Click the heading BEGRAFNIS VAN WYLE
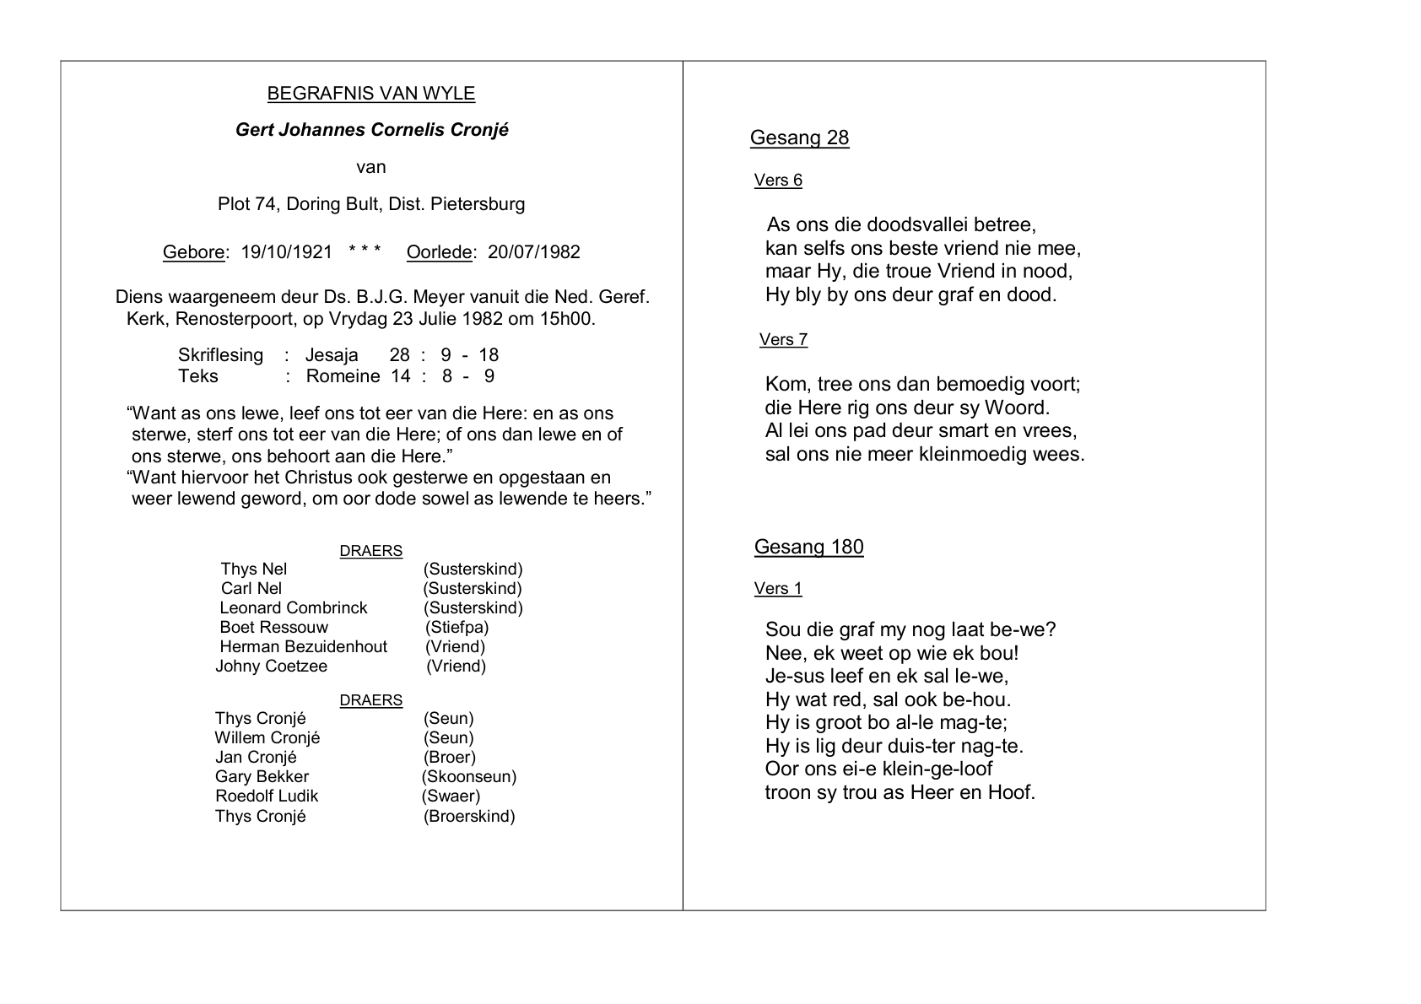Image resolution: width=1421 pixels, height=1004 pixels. (371, 94)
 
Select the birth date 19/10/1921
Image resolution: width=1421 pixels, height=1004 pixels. (287, 252)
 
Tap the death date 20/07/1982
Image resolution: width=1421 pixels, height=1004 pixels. (534, 252)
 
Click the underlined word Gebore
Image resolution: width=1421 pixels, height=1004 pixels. (194, 252)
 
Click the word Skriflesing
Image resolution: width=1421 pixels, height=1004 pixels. (220, 355)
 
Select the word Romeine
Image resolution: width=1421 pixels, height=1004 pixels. (343, 376)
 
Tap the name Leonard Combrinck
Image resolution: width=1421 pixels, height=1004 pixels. (294, 608)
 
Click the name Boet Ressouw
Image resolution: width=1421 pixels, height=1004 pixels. (273, 628)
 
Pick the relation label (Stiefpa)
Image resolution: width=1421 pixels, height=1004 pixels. (457, 628)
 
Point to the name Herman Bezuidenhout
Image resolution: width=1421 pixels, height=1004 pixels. (303, 647)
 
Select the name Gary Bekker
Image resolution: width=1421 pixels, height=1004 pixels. (262, 777)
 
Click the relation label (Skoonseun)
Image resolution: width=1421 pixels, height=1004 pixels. (469, 777)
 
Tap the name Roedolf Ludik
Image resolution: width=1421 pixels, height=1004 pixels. (267, 796)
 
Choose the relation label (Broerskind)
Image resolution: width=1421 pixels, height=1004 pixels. (469, 817)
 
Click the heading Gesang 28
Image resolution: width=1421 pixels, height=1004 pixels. (799, 138)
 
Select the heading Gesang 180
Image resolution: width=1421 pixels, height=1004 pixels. (808, 548)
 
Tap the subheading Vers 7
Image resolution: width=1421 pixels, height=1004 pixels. (783, 340)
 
